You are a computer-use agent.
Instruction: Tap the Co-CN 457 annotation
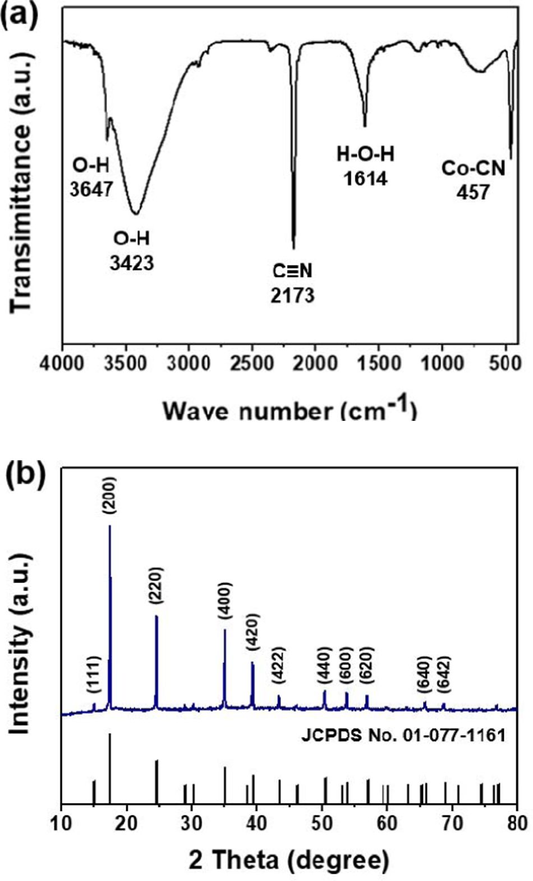[473, 180]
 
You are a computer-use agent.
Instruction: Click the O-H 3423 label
[132, 250]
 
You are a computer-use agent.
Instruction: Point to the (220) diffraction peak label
[156, 590]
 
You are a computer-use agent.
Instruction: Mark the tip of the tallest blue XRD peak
[110, 526]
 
